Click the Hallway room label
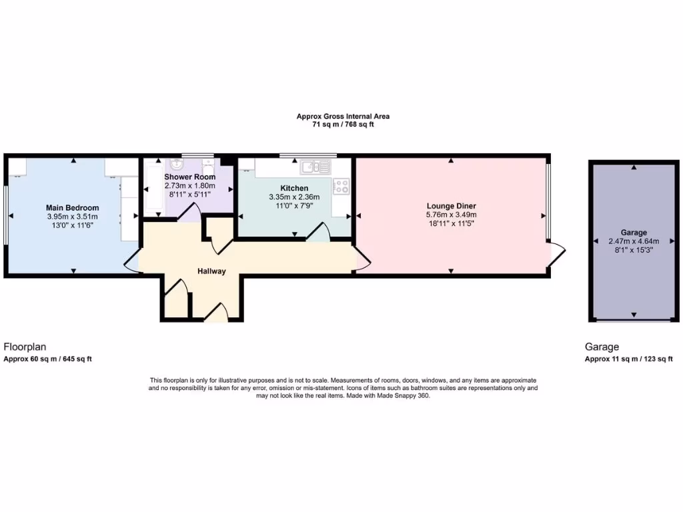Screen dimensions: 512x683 [211, 271]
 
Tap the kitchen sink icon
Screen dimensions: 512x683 [315, 167]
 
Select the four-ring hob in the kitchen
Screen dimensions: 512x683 [341, 186]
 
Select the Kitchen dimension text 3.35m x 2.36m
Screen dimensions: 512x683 [293, 197]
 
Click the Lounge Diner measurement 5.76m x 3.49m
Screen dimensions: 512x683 [451, 215]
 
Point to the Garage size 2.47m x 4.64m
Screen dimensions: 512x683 [634, 241]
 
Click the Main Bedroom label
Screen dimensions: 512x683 [72, 207]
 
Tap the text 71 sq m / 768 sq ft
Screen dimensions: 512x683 [343, 125]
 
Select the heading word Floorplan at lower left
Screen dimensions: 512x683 [25, 347]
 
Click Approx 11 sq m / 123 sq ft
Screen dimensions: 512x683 [628, 359]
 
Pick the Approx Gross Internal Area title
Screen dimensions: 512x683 [343, 116]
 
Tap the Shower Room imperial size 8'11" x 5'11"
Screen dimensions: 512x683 [190, 195]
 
